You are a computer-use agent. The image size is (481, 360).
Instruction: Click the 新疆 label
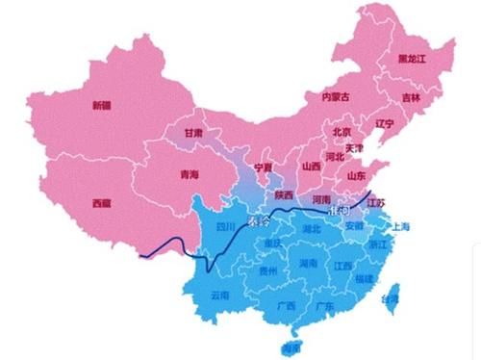tap(101, 105)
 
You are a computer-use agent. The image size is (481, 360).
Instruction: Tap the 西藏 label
tap(101, 203)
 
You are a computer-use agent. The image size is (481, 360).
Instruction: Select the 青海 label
tap(190, 175)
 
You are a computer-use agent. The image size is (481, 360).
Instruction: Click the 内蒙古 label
tap(336, 96)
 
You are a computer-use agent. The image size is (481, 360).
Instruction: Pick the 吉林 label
tap(411, 97)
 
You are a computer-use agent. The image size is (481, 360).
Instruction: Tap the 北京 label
tap(341, 130)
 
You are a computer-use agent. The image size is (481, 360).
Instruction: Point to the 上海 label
tap(399, 227)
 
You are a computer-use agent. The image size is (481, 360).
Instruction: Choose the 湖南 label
tap(308, 262)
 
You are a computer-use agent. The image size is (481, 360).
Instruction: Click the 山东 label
tap(356, 177)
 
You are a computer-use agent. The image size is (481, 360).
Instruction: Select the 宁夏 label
tap(262, 167)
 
